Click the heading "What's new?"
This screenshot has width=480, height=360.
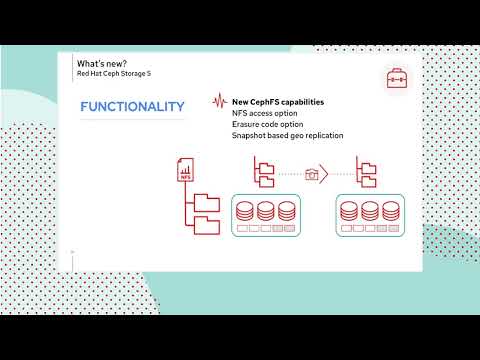point(103,63)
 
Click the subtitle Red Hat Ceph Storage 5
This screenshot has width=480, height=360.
point(121,74)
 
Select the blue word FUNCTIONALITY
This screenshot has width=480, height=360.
point(132,107)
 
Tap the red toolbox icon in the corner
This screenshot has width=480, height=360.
point(397,76)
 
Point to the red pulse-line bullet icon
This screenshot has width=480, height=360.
point(218,102)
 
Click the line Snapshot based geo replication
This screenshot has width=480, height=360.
point(288,135)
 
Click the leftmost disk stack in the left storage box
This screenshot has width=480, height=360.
point(244,211)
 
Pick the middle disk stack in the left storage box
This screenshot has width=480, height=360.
point(265,211)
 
